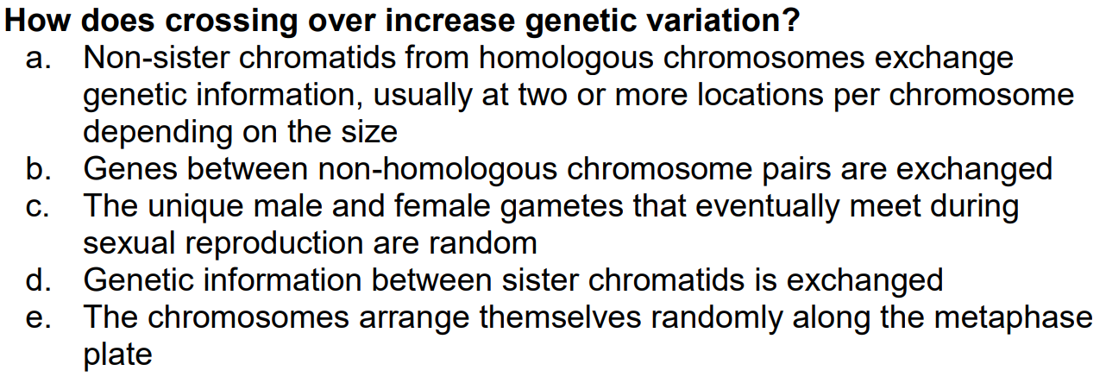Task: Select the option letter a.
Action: (x=40, y=59)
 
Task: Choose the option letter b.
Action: (x=40, y=169)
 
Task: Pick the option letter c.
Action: (x=40, y=206)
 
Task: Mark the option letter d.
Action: (x=40, y=280)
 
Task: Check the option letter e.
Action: (x=40, y=317)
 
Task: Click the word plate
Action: (x=117, y=355)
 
